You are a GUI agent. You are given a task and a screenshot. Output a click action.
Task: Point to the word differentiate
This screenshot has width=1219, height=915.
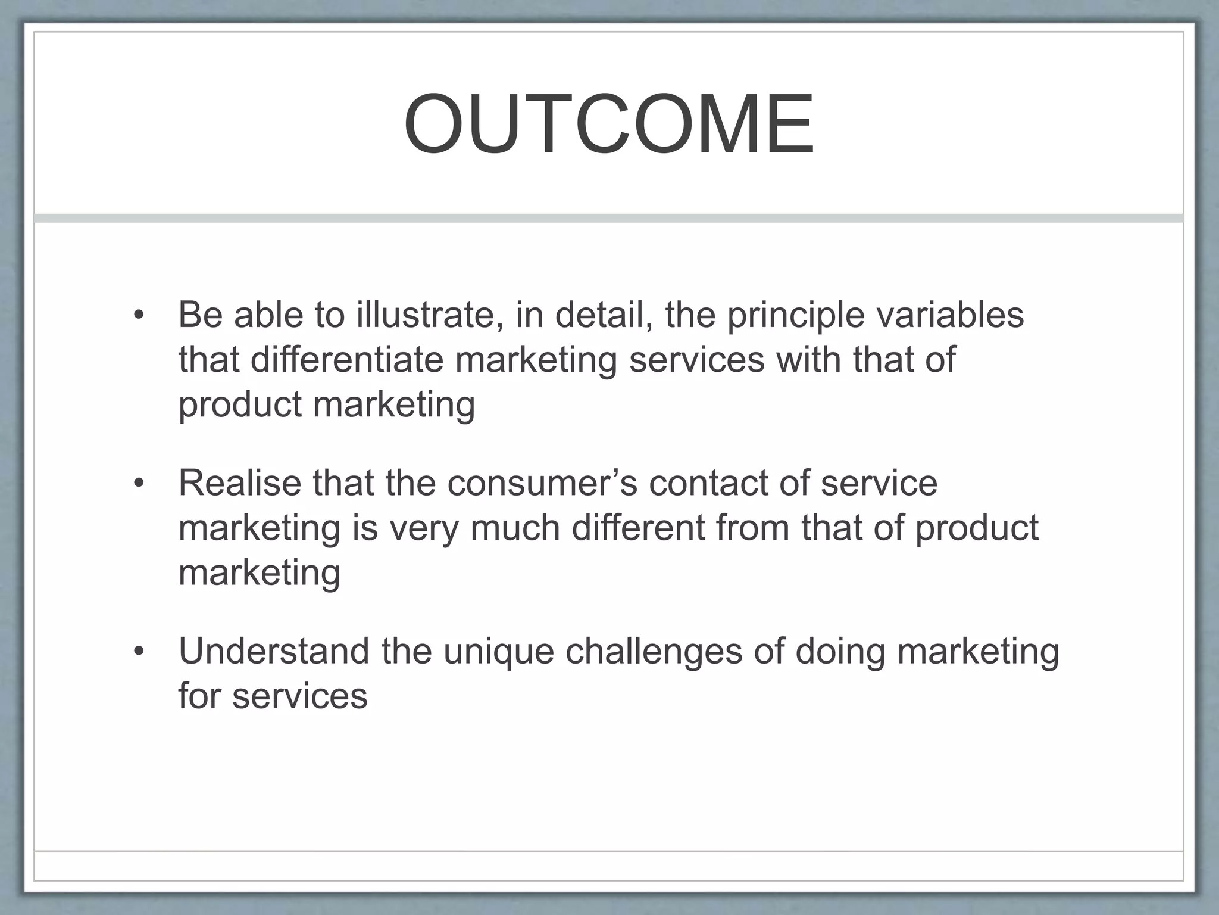(346, 360)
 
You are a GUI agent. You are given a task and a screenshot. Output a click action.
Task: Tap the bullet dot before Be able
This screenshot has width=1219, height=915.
(139, 316)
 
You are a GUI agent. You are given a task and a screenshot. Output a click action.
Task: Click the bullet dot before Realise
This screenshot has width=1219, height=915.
(139, 484)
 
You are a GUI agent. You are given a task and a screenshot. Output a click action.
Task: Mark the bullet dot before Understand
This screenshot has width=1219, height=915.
(139, 652)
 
